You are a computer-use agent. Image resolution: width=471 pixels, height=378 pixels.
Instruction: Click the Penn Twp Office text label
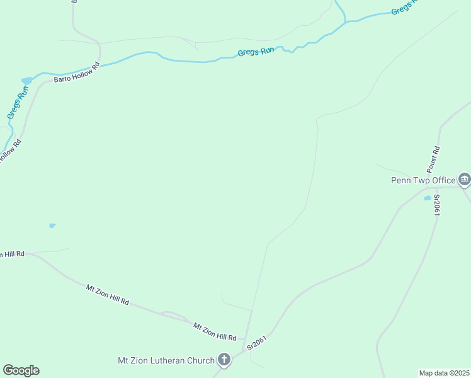pyautogui.click(x=423, y=180)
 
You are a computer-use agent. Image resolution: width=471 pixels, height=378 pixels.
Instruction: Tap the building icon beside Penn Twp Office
pyautogui.click(x=465, y=180)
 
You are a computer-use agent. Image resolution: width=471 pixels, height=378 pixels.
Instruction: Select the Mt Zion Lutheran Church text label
pyautogui.click(x=166, y=360)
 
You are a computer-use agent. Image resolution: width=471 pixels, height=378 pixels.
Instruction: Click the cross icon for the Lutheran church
pyautogui.click(x=224, y=360)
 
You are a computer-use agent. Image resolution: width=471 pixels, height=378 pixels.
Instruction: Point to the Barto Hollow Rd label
pyautogui.click(x=77, y=72)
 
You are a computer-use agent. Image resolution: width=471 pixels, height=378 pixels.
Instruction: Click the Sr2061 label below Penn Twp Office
pyautogui.click(x=436, y=205)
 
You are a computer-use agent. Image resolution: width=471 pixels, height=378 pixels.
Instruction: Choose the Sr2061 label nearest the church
pyautogui.click(x=258, y=343)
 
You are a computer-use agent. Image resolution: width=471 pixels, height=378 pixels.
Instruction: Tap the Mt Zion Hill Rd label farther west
pyautogui.click(x=108, y=295)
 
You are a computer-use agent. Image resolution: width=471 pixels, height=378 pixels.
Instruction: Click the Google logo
pyautogui.click(x=21, y=370)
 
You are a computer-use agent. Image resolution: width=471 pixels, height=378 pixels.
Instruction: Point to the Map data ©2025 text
pyautogui.click(x=444, y=373)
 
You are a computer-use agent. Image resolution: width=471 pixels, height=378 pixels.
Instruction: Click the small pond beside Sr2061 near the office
pyautogui.click(x=428, y=198)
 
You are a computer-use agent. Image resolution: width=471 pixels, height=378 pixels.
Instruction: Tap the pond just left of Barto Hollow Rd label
pyautogui.click(x=26, y=81)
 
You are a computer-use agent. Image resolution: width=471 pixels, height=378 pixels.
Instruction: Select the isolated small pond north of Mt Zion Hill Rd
pyautogui.click(x=52, y=225)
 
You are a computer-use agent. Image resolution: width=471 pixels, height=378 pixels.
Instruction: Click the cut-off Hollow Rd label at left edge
pyautogui.click(x=10, y=152)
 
